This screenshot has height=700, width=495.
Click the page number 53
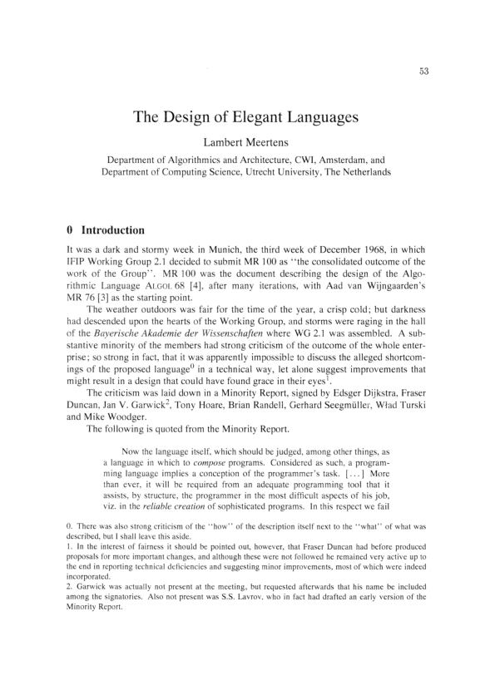[423, 71]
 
